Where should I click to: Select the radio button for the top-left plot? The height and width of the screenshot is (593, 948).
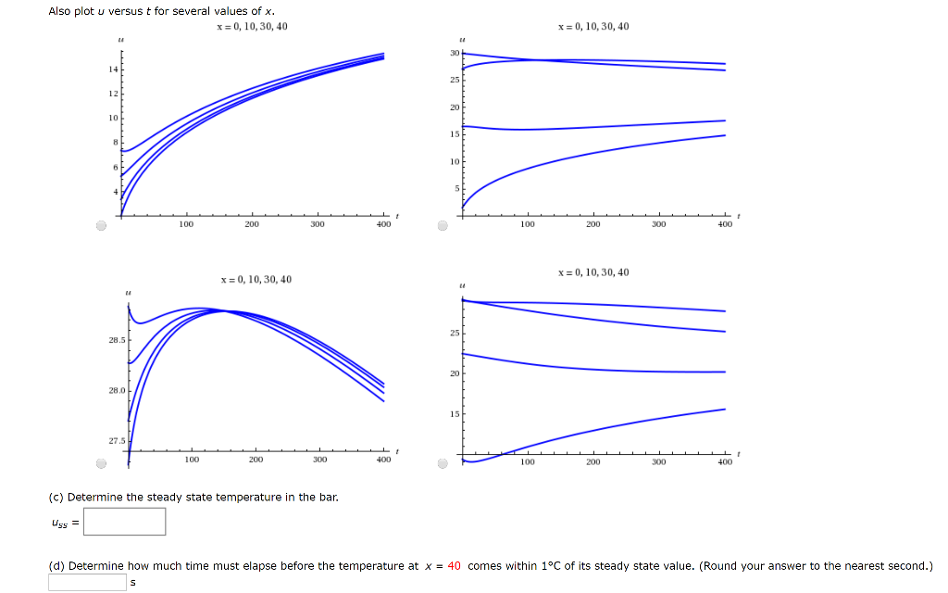(x=102, y=225)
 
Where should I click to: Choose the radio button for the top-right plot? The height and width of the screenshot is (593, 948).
(x=443, y=225)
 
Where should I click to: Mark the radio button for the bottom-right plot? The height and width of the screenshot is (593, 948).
(x=443, y=462)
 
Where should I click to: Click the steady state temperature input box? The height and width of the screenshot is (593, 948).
(x=125, y=523)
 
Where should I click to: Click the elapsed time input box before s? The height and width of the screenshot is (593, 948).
(x=87, y=583)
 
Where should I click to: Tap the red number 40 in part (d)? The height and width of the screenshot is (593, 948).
(x=454, y=566)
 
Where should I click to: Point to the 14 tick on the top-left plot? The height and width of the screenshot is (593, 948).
(x=114, y=70)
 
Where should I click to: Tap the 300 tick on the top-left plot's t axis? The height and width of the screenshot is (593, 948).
(x=318, y=224)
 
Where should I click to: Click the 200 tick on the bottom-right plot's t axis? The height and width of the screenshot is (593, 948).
(x=592, y=461)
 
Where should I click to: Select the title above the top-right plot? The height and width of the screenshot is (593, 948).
(x=593, y=27)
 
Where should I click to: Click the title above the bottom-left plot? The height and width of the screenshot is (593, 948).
(x=256, y=280)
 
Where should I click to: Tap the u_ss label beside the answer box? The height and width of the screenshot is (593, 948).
(x=64, y=524)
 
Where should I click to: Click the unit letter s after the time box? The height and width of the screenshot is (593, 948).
(x=133, y=584)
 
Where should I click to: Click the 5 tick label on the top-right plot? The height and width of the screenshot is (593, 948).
(x=456, y=189)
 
